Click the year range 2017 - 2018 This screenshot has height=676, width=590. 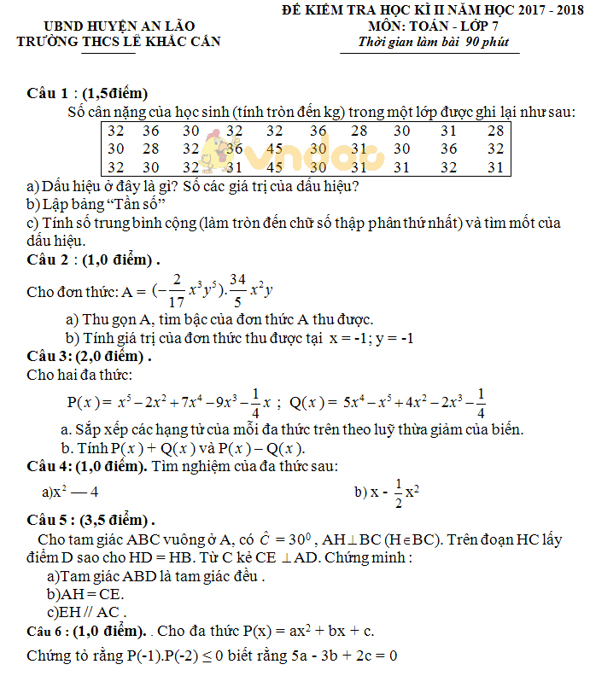point(537,11)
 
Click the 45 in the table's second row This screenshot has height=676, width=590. point(274,149)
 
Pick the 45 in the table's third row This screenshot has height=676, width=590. point(274,167)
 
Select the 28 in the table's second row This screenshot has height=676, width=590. point(151,149)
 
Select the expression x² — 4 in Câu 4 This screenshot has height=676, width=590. point(76,492)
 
